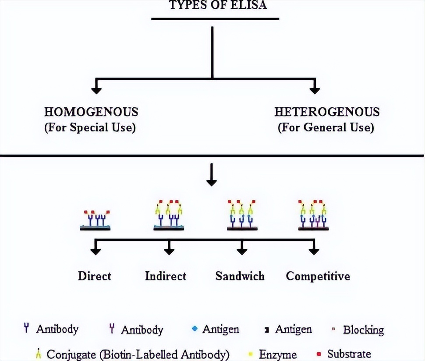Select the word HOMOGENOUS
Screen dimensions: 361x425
coord(91,112)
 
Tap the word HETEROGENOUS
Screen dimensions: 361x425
coord(327,112)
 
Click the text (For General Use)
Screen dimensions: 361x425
coord(326,128)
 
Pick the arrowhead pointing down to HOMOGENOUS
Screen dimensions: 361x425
coord(96,90)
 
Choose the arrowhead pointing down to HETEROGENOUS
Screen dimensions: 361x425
coord(314,90)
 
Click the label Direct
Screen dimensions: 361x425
coord(95,276)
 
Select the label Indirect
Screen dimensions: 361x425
coord(166,276)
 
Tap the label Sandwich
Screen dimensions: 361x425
coord(240,276)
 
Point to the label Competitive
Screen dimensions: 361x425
coord(318,276)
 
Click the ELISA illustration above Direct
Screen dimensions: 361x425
coord(96,219)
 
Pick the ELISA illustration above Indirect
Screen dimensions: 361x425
coord(169,216)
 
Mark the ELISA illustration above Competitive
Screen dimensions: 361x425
coord(314,215)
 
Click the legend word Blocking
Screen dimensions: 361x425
coord(363,330)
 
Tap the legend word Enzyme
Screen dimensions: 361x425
coord(278,354)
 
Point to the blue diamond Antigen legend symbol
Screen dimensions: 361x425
coord(195,329)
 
